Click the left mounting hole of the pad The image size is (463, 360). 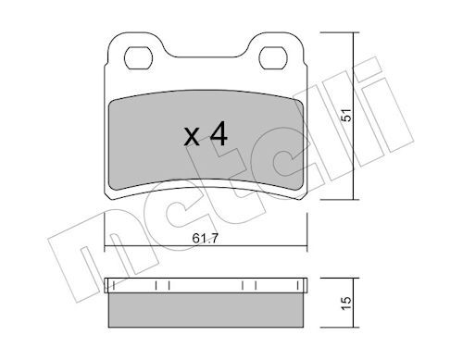[138, 58]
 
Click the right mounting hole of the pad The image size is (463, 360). [273, 58]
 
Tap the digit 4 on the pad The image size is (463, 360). [219, 133]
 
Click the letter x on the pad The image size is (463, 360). [192, 137]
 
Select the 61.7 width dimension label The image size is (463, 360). [205, 238]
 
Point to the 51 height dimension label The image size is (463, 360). [346, 115]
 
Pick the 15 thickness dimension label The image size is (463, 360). [346, 304]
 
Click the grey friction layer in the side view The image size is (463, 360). [206, 310]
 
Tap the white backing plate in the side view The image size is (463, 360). [206, 285]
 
